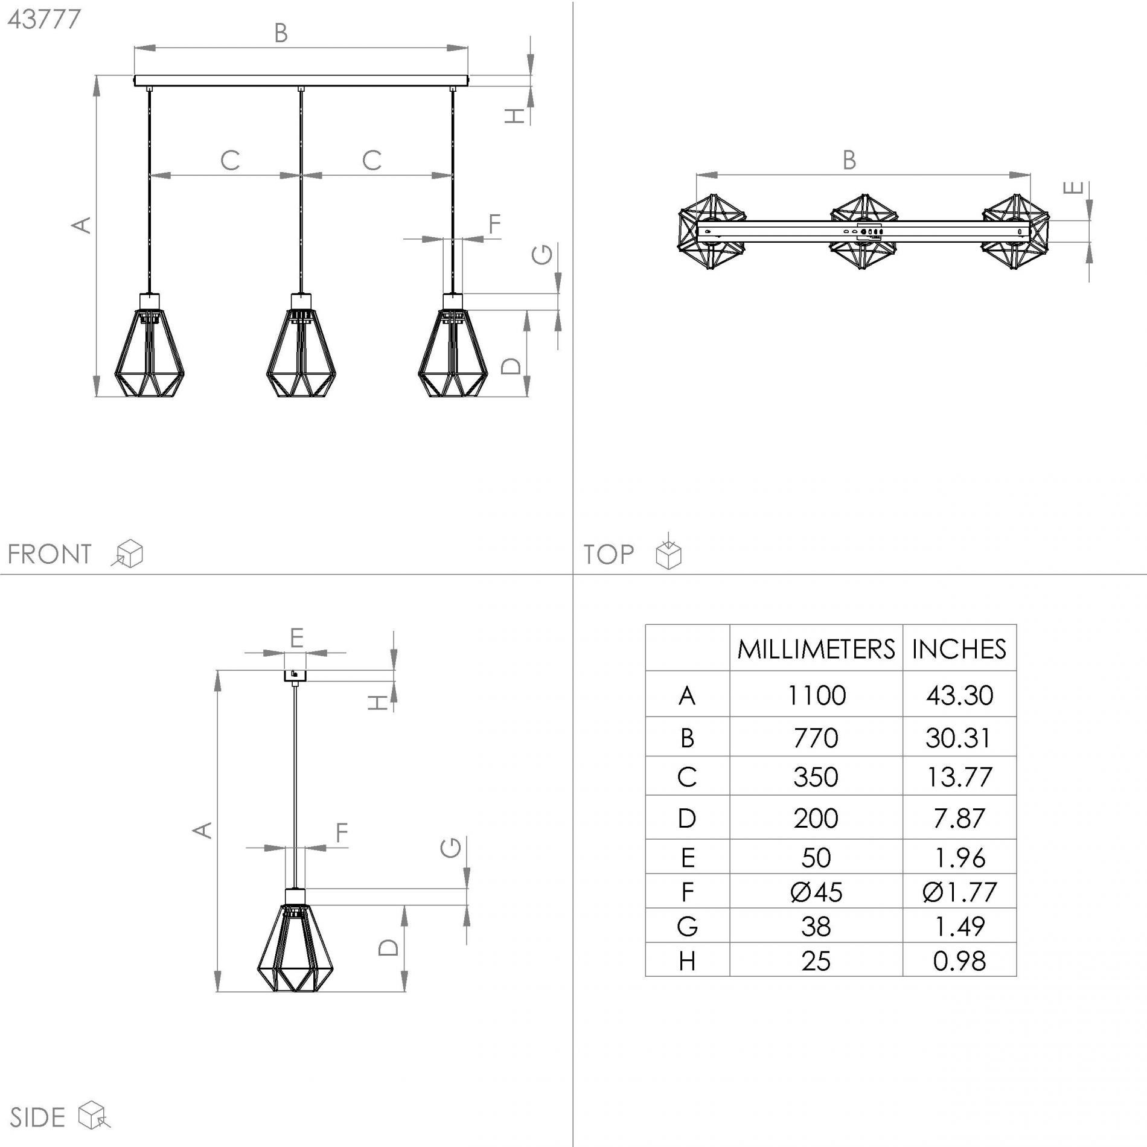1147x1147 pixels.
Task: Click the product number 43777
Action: tap(44, 19)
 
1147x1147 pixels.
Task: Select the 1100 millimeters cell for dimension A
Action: tap(816, 695)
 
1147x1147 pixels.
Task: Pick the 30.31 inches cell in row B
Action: tap(959, 738)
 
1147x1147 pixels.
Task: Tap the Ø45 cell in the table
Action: tap(816, 892)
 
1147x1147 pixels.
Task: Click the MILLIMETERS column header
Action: tap(816, 649)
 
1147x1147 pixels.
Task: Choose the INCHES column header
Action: tap(959, 649)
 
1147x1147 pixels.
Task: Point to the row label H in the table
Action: tap(687, 961)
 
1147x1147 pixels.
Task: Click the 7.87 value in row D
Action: tap(959, 818)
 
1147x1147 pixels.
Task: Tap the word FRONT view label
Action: tap(49, 554)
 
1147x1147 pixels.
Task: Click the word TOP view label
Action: tap(609, 554)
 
